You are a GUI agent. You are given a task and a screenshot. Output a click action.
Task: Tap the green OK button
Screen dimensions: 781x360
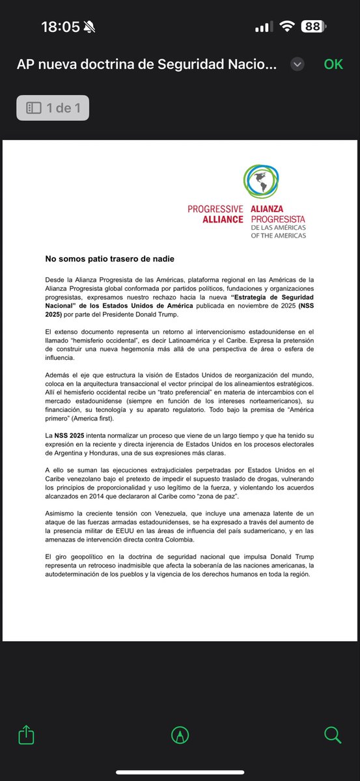(x=333, y=64)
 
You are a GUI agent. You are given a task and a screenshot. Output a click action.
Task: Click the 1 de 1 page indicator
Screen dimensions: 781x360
(x=53, y=108)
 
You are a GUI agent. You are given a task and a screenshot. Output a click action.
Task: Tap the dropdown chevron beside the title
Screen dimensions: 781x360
(x=298, y=64)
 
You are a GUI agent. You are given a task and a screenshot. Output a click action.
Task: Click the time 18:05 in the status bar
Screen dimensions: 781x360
(x=60, y=27)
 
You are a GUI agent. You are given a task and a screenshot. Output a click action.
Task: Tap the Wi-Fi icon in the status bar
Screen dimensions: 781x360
(x=286, y=27)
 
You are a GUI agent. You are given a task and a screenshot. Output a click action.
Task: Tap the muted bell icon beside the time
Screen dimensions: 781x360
(x=90, y=27)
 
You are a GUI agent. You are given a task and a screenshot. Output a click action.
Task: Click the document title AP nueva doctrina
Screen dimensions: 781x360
(x=146, y=64)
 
